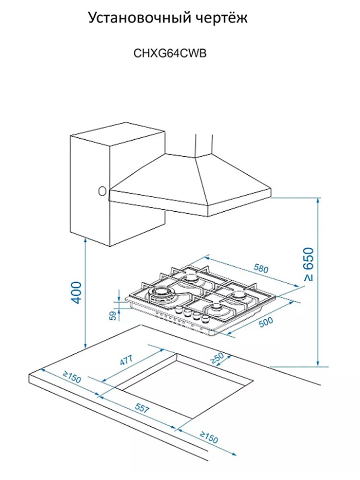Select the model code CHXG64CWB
tap(170, 53)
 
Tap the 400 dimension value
tap(76, 292)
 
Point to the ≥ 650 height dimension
tap(309, 264)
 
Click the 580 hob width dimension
tap(261, 268)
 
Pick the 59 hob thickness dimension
tap(114, 315)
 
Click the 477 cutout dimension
tap(126, 360)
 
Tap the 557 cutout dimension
tap(142, 408)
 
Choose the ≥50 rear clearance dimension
tap(217, 358)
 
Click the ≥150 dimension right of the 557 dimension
tap(209, 437)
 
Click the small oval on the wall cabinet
tap(102, 191)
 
